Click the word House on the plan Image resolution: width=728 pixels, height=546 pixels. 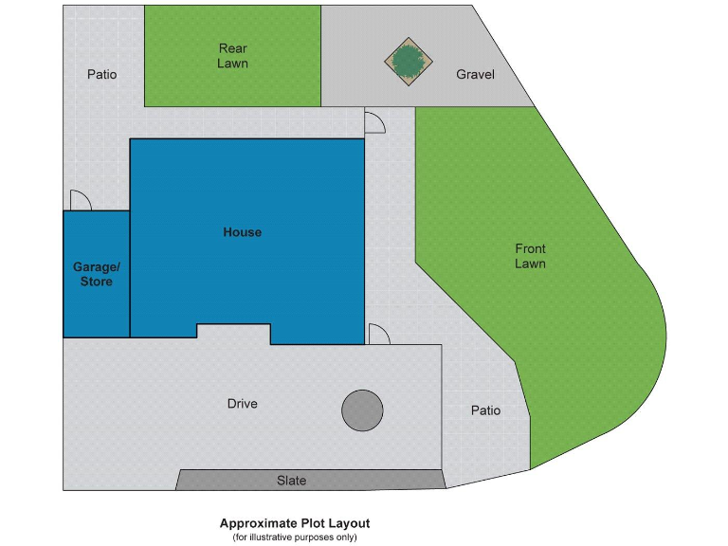(x=242, y=232)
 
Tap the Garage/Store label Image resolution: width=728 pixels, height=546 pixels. (x=96, y=274)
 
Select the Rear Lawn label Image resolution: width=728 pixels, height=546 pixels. (x=232, y=56)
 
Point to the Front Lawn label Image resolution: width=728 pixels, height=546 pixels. (x=530, y=256)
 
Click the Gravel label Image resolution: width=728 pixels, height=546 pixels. (x=475, y=74)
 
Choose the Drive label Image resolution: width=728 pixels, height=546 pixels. (x=242, y=404)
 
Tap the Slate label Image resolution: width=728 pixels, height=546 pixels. (x=291, y=481)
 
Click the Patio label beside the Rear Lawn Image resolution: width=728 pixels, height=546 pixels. (x=101, y=74)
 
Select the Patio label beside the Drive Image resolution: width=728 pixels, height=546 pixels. (x=485, y=410)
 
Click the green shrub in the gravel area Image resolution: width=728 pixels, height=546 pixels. (x=409, y=63)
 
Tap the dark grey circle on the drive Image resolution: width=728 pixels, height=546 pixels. (x=362, y=410)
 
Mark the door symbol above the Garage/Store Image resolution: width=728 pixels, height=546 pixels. (x=80, y=200)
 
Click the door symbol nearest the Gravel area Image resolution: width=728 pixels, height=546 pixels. (x=374, y=121)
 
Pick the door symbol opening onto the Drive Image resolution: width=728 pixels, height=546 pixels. (x=377, y=334)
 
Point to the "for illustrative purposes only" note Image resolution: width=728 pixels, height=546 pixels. (x=294, y=537)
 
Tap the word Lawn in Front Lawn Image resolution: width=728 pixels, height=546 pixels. (x=530, y=264)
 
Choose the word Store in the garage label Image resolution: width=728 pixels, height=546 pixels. (x=96, y=282)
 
